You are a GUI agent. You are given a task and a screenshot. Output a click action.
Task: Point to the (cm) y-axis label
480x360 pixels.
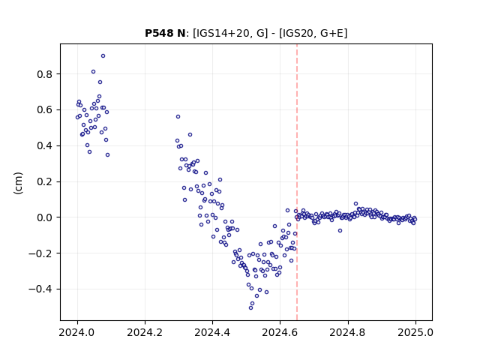pos(18,183)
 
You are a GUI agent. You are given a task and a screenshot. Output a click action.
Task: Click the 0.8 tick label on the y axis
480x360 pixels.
pos(45,74)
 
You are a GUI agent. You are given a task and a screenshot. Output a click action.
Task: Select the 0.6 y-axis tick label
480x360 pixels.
pos(45,110)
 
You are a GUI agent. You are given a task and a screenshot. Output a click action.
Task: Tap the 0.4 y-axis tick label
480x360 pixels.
pos(45,146)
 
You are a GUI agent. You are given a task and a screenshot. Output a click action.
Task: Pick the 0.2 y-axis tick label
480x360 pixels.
pos(45,181)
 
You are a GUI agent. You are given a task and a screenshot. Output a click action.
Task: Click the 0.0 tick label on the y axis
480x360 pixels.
pos(45,217)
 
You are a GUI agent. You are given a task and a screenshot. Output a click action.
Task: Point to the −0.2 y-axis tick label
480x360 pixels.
pos(40,253)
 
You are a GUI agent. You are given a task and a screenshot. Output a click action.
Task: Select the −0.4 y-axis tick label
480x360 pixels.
pos(40,289)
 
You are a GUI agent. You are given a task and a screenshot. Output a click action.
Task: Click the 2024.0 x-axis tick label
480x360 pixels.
pos(77,332)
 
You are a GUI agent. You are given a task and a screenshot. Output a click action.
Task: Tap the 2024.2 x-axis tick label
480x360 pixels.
pos(145,332)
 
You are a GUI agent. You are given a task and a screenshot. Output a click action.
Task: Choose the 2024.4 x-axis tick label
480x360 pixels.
pos(212,332)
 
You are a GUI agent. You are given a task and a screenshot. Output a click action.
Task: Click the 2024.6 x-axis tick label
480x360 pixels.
pos(280,332)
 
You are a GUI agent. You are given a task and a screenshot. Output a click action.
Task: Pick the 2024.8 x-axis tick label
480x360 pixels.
pos(348,332)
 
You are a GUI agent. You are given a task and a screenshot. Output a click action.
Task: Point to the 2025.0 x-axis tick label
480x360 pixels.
pos(415,332)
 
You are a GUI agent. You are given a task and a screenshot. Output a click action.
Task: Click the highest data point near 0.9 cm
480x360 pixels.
pos(103,56)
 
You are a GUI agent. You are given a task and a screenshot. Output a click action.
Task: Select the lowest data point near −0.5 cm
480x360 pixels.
pos(250,308)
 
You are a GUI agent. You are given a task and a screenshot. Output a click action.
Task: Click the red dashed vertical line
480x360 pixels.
pos(297,182)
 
